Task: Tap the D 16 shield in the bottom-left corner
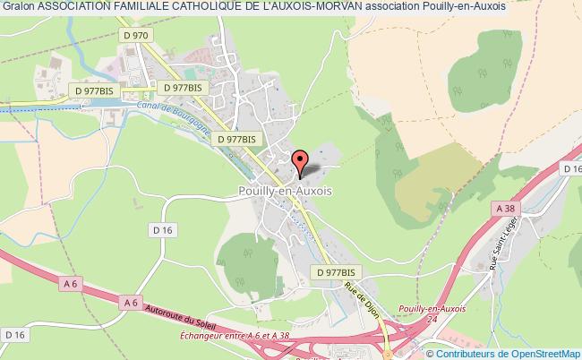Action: [13, 334]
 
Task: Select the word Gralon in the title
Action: [19, 7]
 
